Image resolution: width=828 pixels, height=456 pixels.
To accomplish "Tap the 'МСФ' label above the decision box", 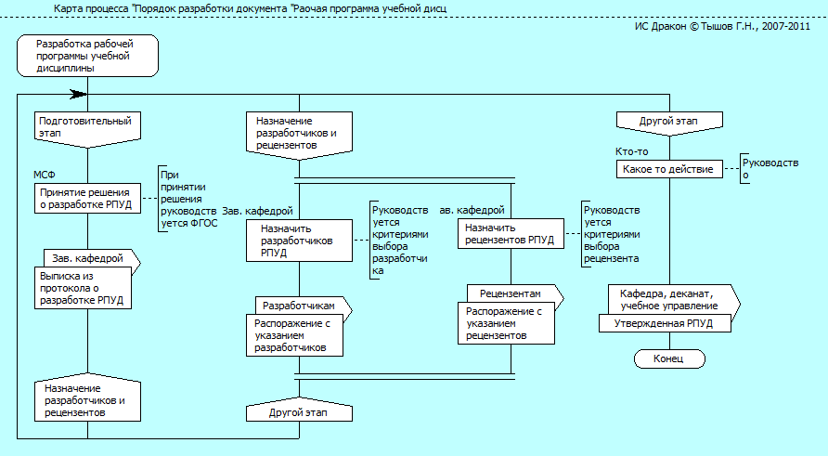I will point(45,175).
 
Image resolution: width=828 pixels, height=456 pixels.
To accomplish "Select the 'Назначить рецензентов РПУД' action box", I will point(511,233).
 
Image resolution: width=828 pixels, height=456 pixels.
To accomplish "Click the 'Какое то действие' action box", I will point(668,170).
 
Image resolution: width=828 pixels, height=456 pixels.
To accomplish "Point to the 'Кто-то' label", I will point(632,151).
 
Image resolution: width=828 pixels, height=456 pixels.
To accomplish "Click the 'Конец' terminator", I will point(668,358).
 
